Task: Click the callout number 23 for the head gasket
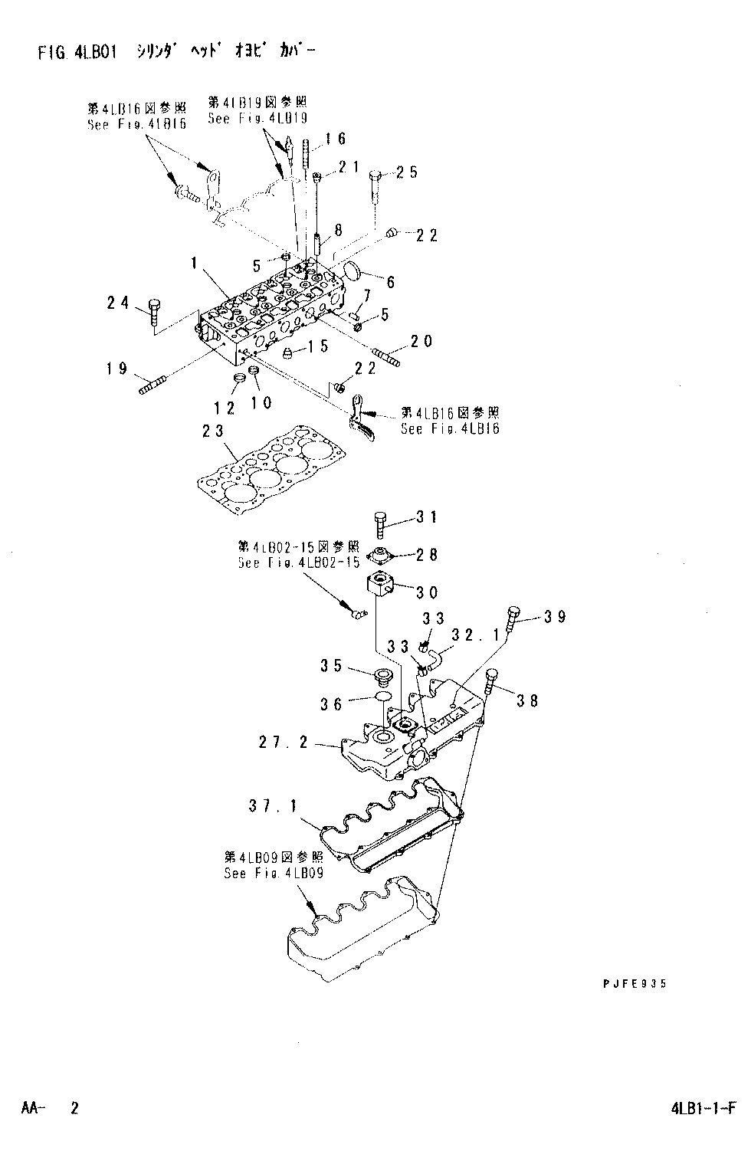pos(214,432)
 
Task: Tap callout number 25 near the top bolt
pos(408,172)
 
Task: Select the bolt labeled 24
pos(152,311)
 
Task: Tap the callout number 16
pos(336,139)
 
